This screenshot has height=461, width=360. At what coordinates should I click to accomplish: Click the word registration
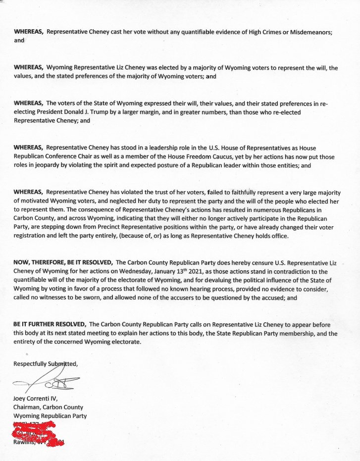(32, 236)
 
